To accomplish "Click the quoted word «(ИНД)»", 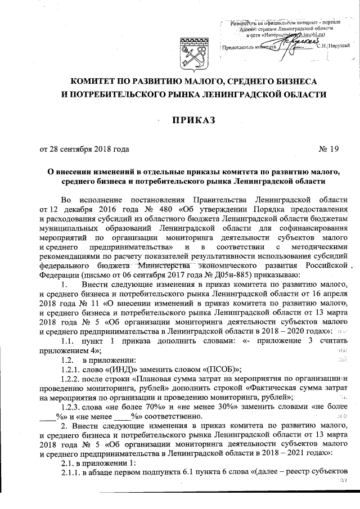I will (123, 369).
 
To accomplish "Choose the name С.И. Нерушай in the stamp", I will (332, 47).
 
